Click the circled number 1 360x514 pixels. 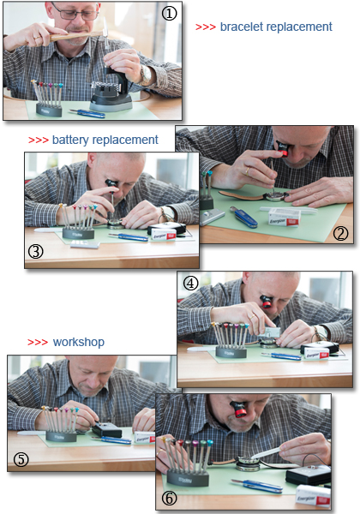click(169, 14)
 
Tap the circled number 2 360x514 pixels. click(340, 233)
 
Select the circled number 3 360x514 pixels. click(36, 251)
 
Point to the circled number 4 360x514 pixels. click(190, 284)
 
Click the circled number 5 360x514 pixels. click(21, 459)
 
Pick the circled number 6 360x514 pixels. click(170, 499)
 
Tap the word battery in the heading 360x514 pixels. click(70, 140)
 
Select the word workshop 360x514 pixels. click(79, 342)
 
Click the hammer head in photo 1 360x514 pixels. click(105, 28)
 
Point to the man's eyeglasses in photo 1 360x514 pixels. click(76, 14)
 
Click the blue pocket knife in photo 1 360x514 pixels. click(87, 113)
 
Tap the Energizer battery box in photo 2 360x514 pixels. click(285, 218)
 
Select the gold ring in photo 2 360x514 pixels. click(247, 171)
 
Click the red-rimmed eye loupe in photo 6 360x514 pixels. click(238, 409)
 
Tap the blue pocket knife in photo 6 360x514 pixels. click(257, 486)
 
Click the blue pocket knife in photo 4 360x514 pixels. click(281, 356)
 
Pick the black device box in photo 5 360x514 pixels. click(107, 430)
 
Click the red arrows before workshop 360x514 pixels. click(38, 343)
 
